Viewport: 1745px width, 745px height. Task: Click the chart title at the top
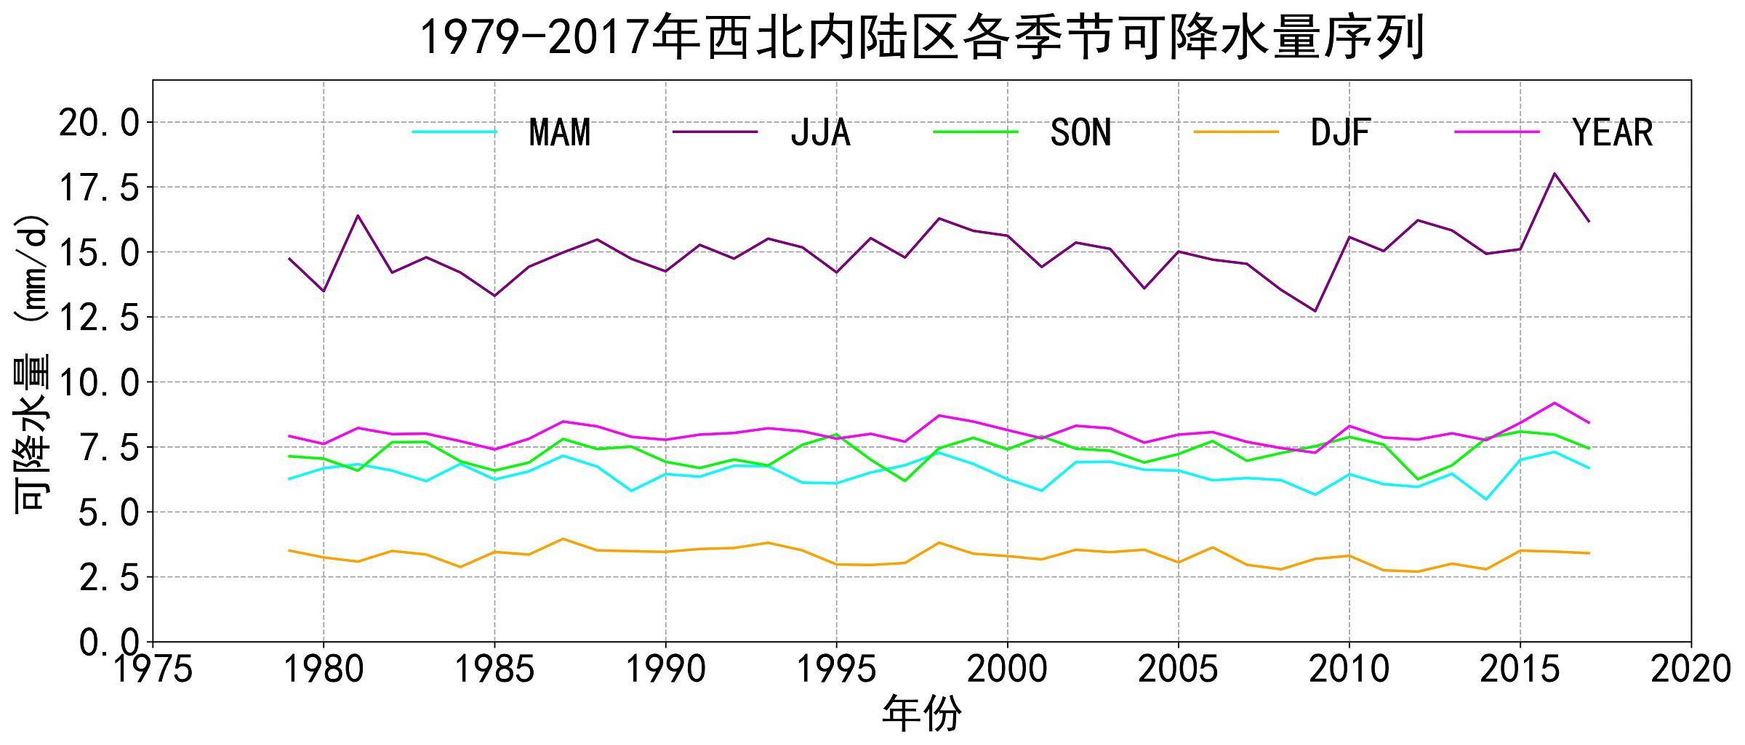tap(922, 38)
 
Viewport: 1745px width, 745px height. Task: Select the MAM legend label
tap(559, 132)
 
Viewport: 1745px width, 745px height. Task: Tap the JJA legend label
tap(820, 132)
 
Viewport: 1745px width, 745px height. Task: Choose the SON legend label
tap(1080, 132)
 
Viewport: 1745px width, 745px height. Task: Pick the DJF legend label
tap(1340, 132)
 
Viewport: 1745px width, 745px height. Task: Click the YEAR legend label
tap(1612, 132)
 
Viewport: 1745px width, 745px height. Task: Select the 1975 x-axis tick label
tap(153, 669)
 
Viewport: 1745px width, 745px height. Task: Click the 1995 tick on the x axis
tap(836, 669)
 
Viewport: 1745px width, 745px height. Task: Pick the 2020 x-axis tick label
tap(1690, 669)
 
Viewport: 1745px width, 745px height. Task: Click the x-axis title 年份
tap(921, 713)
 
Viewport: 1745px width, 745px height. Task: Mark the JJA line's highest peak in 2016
tap(1554, 173)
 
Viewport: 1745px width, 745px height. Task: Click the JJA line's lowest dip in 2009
tap(1315, 311)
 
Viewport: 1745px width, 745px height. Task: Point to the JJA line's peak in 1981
tap(358, 215)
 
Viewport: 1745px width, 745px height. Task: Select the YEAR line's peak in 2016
tap(1554, 403)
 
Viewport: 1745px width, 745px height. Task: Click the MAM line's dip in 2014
tap(1485, 499)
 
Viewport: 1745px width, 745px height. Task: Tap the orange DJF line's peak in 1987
tap(563, 539)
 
